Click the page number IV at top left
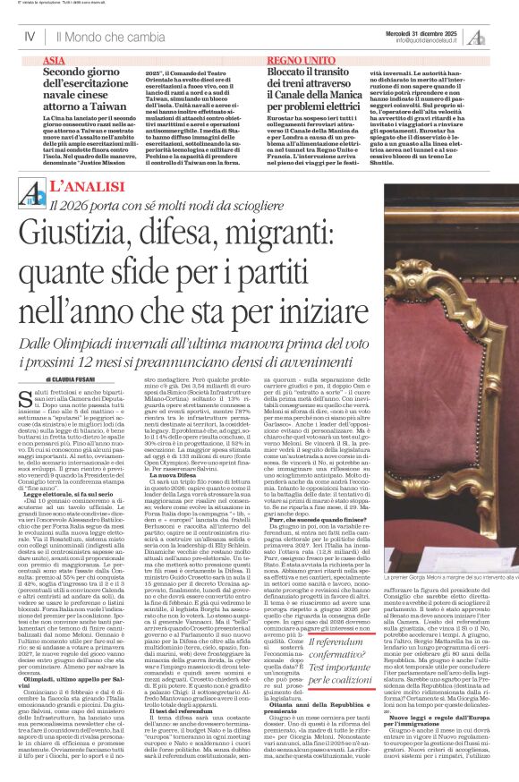click(x=30, y=37)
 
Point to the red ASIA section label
click(x=54, y=60)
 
